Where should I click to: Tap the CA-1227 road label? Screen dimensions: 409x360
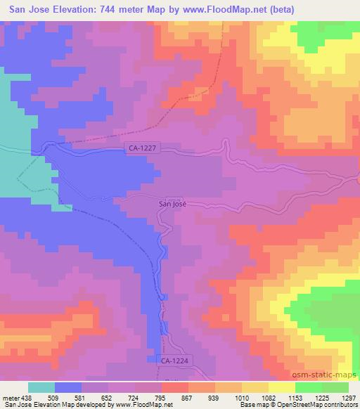143,148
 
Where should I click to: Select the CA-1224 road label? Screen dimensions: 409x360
175,360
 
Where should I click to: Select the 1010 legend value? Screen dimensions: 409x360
241,396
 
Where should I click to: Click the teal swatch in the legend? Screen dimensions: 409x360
41,387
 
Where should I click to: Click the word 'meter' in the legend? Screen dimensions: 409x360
10,396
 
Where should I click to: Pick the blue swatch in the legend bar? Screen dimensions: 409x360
68,387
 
